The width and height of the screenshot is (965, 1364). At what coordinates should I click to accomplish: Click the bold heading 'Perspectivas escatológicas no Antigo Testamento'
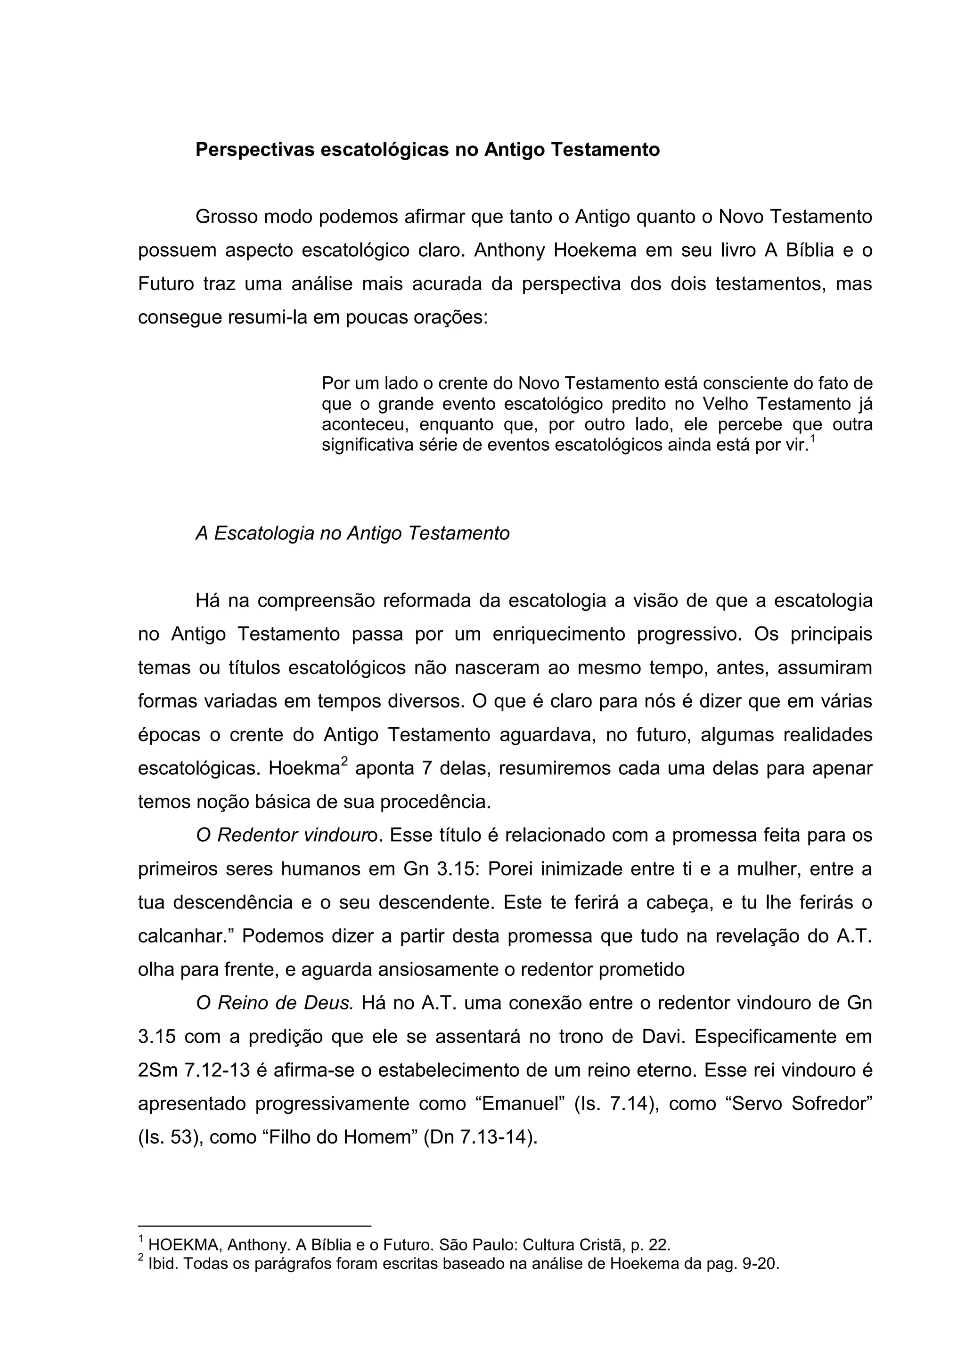(427, 150)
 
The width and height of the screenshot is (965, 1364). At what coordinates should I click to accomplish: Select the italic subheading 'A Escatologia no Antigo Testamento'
(352, 534)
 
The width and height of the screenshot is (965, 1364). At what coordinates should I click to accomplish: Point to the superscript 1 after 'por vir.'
(813, 439)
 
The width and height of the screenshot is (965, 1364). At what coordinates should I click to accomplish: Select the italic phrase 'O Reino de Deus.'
(275, 1003)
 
